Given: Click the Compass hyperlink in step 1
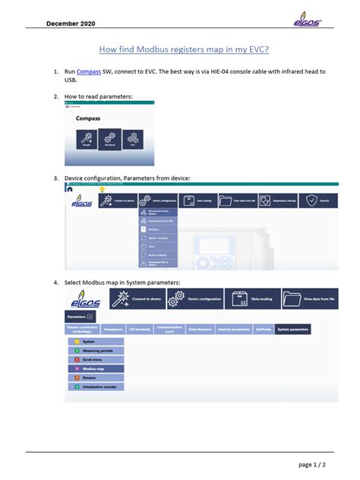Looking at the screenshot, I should pos(89,71).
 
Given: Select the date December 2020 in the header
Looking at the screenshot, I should pos(72,24).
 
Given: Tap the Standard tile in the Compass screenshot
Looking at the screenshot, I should pos(109,139).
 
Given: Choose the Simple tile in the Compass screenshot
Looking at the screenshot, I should pos(87,139).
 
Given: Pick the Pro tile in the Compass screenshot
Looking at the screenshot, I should pos(132,139).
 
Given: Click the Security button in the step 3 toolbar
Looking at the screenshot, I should pos(318,201).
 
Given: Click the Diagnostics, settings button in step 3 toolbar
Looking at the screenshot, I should pos(276,201).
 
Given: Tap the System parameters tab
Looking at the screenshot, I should pos(292,330).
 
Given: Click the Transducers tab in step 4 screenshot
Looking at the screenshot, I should pos(112,330).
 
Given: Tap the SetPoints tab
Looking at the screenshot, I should pos(263,330).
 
